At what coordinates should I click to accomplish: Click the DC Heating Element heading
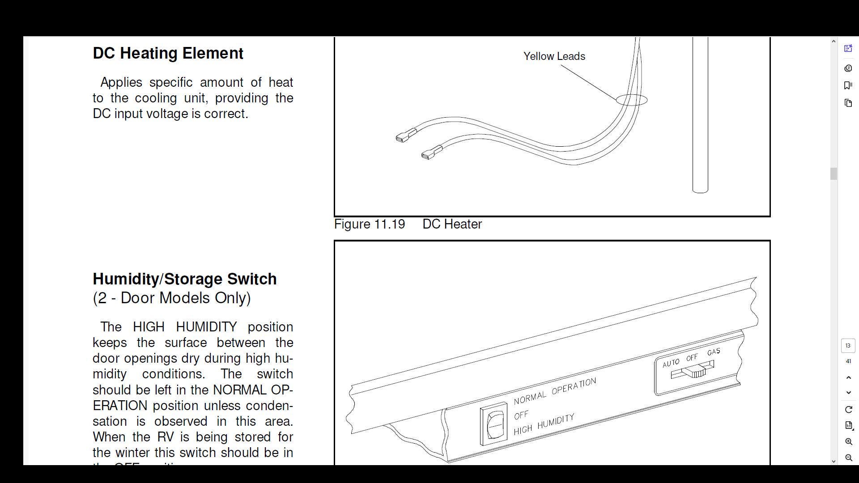(168, 53)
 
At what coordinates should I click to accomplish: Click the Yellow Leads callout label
(554, 56)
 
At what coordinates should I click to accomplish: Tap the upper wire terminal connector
(406, 135)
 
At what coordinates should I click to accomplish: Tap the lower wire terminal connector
(432, 153)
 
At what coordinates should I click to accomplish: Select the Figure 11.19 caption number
(370, 224)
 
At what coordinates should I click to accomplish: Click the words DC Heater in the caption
(452, 224)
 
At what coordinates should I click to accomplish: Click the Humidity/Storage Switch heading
(185, 279)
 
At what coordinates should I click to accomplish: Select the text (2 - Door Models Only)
(172, 298)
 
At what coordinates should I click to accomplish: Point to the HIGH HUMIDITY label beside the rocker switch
(544, 424)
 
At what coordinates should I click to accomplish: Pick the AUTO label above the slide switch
(671, 363)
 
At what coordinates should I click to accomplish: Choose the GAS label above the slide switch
(714, 352)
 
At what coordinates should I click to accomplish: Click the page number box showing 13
(848, 346)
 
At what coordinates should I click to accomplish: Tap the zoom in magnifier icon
(849, 442)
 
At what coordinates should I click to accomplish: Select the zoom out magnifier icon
(849, 458)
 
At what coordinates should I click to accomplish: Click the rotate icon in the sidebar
(849, 410)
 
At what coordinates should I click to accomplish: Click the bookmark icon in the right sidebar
(848, 85)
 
